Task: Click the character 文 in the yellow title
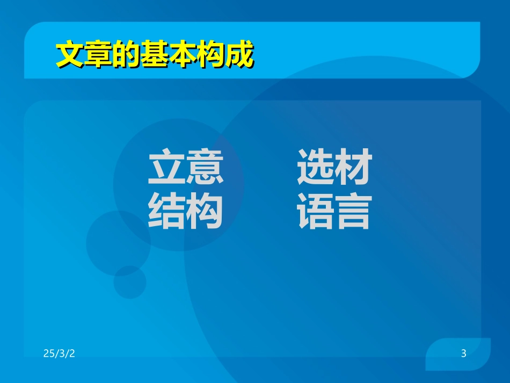(x=70, y=54)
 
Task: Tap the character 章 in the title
(x=98, y=54)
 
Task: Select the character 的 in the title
(x=126, y=54)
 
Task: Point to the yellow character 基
(x=154, y=54)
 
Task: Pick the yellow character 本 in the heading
(x=182, y=54)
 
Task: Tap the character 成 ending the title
(x=238, y=54)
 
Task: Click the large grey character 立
(x=167, y=167)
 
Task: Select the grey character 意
(x=205, y=167)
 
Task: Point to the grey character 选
(x=316, y=167)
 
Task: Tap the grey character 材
(x=353, y=167)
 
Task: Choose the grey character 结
(x=167, y=212)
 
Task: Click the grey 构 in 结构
(x=205, y=212)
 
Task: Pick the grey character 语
(x=316, y=212)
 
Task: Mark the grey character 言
(x=353, y=212)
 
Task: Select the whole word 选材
(x=334, y=167)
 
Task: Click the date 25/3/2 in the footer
(x=59, y=353)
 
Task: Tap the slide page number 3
(x=463, y=353)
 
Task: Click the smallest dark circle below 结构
(x=129, y=282)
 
